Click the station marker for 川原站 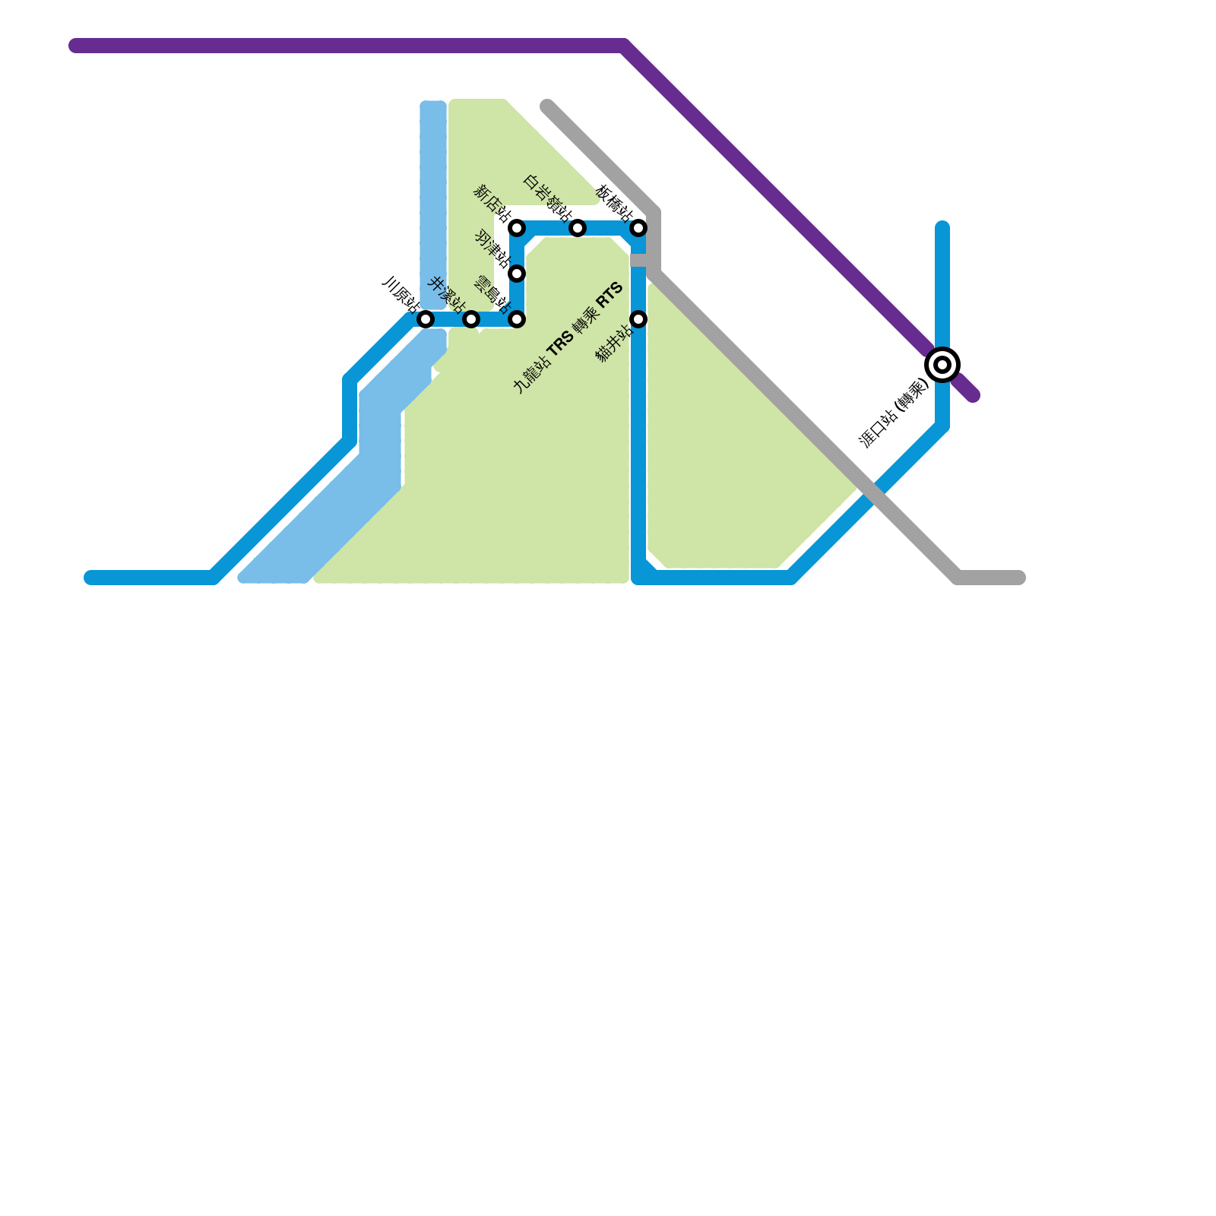point(426,319)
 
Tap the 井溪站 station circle point(471,319)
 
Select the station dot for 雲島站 point(517,319)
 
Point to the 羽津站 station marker point(517,274)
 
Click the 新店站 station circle point(517,228)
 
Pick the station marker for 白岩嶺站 point(578,228)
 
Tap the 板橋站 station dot point(638,228)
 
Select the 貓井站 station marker point(638,319)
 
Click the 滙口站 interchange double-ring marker point(942,365)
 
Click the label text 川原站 point(401,295)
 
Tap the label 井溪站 point(447,295)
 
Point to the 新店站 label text point(492,203)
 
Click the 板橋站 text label point(614,203)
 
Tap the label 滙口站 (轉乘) point(894,413)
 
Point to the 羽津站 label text point(492,249)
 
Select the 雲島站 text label point(492,295)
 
